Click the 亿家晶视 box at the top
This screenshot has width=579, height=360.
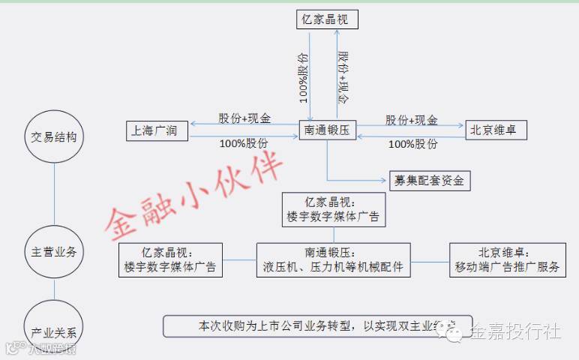(325, 19)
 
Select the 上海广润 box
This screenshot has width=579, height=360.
(157, 130)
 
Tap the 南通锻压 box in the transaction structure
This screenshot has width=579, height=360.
(327, 130)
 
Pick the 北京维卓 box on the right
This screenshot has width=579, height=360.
(496, 130)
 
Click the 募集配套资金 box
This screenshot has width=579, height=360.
(430, 180)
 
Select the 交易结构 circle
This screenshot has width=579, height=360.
(54, 137)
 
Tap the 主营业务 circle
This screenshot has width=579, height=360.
(54, 252)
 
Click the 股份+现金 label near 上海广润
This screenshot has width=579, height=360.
(244, 119)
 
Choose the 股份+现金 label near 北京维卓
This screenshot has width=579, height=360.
(412, 119)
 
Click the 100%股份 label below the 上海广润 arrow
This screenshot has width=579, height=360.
(244, 142)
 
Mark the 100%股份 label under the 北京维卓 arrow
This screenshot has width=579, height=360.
(412, 143)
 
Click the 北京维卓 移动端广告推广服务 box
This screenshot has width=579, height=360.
(506, 259)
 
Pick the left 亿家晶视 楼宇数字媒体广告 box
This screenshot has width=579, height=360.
(172, 259)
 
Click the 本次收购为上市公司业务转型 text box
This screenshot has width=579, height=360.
(318, 326)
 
